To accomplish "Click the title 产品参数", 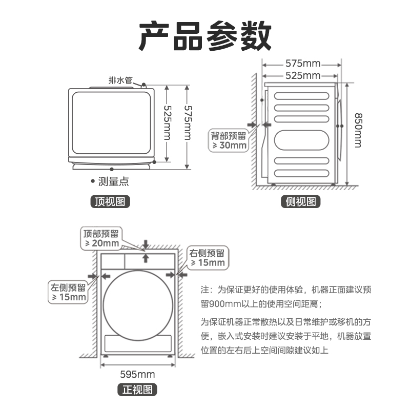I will [x=205, y=36].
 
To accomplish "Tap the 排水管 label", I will [x=120, y=80].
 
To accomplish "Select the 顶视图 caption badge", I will [x=110, y=201].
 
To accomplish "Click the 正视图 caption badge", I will [x=137, y=390].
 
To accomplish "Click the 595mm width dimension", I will [x=137, y=374].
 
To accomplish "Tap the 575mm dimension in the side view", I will [x=302, y=64].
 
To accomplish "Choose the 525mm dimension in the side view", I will [x=302, y=76].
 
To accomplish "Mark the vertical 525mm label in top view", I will [x=167, y=123].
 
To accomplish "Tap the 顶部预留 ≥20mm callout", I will [x=101, y=238].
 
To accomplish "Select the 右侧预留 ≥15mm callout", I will [x=208, y=258].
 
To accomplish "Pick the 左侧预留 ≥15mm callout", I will [x=68, y=292].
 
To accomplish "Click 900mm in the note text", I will [x=218, y=304].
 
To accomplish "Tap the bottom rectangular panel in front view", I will [x=138, y=342].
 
